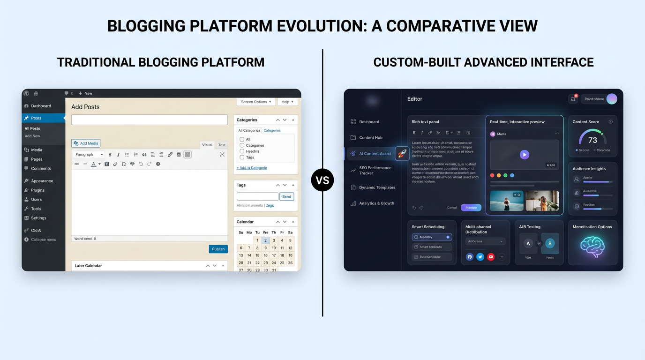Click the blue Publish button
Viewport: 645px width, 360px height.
coord(218,249)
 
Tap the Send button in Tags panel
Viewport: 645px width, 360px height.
coord(286,196)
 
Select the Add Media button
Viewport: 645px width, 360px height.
coord(86,143)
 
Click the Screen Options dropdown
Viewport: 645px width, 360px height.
coord(256,102)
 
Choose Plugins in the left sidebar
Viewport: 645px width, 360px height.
coord(37,190)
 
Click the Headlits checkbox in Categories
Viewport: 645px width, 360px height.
coord(242,151)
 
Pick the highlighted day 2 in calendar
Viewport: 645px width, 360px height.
coord(265,240)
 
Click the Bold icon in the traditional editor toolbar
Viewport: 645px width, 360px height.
coord(110,155)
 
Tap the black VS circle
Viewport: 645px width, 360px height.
coord(322,180)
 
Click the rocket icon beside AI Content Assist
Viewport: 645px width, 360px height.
coord(402,153)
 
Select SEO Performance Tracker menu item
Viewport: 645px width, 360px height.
coord(375,170)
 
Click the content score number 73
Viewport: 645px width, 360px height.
coord(592,140)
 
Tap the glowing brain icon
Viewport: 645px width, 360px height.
coord(592,247)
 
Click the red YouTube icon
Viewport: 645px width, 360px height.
coord(491,257)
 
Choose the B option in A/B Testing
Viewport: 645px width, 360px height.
coord(550,243)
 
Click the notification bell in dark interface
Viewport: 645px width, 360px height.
coord(573,99)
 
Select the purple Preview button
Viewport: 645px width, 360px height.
coord(471,208)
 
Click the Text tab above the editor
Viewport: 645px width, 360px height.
coord(222,145)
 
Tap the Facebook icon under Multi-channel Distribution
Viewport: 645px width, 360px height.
coord(469,257)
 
